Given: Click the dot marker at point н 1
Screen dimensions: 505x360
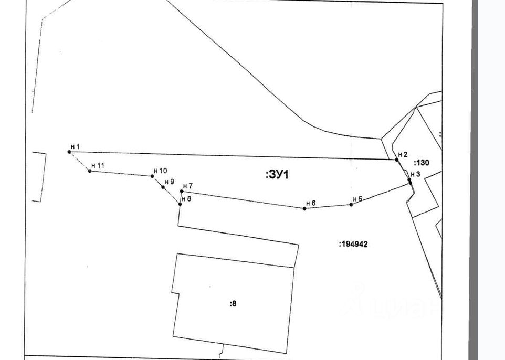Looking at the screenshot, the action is [69, 152].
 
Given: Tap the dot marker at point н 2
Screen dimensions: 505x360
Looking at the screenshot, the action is [397, 160].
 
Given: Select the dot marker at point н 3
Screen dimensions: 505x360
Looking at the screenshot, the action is [409, 180].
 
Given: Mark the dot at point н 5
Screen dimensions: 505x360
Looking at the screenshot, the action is [351, 204].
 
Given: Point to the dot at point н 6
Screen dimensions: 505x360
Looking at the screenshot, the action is [304, 208].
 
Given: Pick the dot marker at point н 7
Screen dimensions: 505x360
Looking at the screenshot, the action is [182, 191].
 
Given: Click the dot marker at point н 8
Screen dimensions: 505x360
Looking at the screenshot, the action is [180, 204].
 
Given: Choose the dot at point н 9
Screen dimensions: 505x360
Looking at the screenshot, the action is [163, 187].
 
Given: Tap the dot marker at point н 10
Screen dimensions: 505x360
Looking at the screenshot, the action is [152, 176].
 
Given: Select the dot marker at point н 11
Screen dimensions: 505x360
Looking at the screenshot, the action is [90, 171].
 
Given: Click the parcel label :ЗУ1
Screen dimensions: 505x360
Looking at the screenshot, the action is [277, 175].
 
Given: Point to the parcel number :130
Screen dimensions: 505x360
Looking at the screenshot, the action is [422, 163].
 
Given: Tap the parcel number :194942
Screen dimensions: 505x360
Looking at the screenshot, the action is [353, 244].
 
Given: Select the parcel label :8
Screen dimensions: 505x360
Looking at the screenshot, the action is [233, 303].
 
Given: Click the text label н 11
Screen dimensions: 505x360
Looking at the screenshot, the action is [98, 165].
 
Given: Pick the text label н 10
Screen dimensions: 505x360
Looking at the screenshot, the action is [160, 171].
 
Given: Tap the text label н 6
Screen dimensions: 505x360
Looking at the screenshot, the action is [311, 203].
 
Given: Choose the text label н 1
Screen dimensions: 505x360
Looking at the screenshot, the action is [75, 146].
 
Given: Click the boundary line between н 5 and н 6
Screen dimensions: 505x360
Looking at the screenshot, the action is [328, 206].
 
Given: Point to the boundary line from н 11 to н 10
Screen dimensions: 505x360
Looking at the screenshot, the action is [121, 173].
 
